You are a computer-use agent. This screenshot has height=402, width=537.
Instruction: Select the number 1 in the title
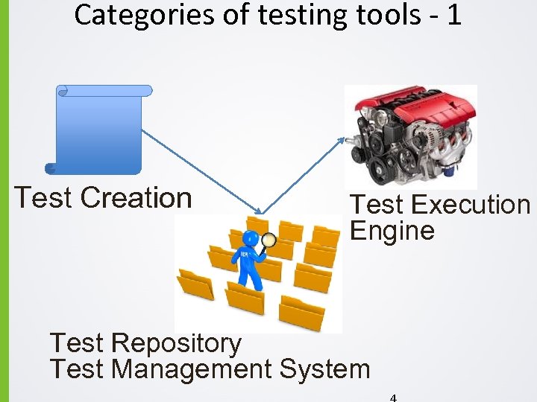point(454,15)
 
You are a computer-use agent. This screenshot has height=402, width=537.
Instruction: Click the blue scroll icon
point(99,129)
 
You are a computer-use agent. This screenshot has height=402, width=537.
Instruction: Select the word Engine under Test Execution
point(392,231)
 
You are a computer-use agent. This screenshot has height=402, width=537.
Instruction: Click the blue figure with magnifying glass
point(248,264)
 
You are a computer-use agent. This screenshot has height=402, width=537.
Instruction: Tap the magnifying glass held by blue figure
point(268,240)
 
